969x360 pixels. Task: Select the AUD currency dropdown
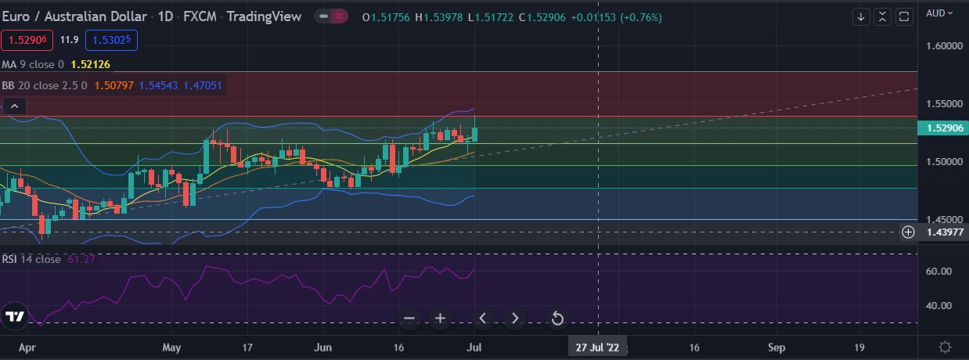(939, 13)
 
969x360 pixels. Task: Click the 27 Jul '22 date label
(598, 347)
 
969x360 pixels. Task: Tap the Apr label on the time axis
(27, 347)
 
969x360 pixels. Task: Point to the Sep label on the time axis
(776, 347)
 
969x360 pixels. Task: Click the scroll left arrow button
(483, 318)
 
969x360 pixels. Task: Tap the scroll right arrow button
(515, 318)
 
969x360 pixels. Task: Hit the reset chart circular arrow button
(557, 318)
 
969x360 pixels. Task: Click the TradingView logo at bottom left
(15, 316)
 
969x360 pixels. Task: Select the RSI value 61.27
(81, 259)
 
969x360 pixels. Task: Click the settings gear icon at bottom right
(945, 347)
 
